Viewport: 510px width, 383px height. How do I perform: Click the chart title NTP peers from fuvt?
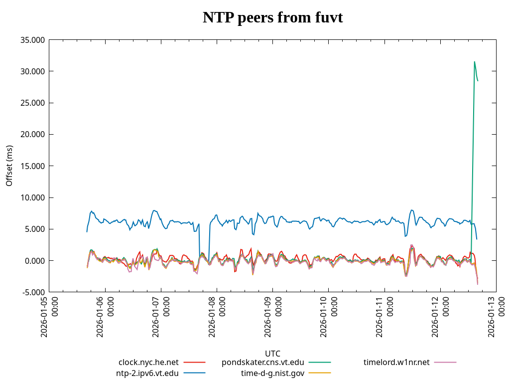(272, 18)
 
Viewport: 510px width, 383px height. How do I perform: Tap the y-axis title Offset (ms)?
(9, 166)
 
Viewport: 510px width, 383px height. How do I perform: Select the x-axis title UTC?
(272, 354)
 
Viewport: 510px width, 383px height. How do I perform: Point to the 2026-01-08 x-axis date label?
(217, 317)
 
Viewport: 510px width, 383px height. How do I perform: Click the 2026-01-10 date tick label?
(328, 317)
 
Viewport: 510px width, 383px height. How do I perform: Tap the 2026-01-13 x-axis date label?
(496, 317)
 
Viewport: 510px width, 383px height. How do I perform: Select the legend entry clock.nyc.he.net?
(148, 362)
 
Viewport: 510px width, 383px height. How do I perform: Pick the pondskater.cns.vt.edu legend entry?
(262, 362)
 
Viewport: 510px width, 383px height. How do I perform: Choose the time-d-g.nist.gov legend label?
(272, 373)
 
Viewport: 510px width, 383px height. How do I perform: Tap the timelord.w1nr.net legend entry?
(396, 362)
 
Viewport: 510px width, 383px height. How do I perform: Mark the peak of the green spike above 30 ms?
(474, 62)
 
